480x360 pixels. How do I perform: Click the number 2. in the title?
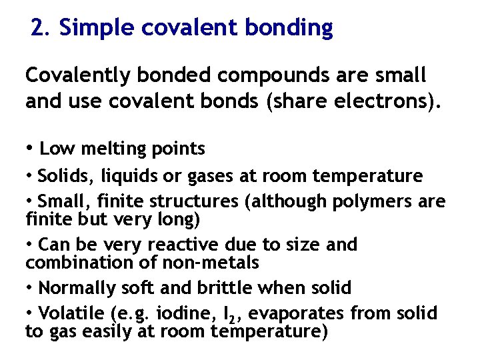pyautogui.click(x=41, y=28)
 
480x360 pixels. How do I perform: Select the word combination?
pyautogui.click(x=71, y=263)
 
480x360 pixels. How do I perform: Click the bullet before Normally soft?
pyautogui.click(x=30, y=288)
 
